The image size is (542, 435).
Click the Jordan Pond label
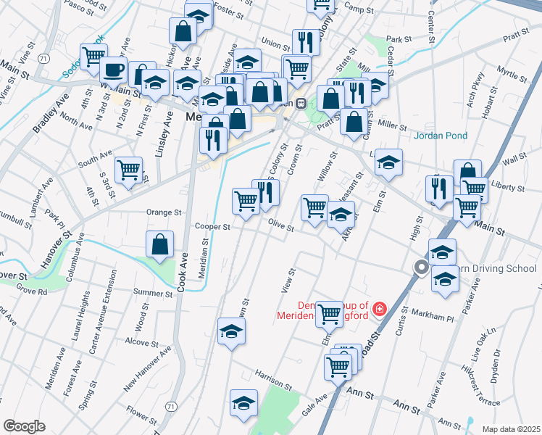pyautogui.click(x=441, y=136)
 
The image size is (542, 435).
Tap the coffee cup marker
pyautogui.click(x=112, y=70)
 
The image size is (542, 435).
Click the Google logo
pyautogui.click(x=24, y=426)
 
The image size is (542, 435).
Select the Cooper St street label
pyautogui.click(x=212, y=227)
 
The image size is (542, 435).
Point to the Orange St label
pyautogui.click(x=163, y=213)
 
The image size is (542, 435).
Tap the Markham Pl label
pyautogui.click(x=431, y=317)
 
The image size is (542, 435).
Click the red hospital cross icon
pyautogui.click(x=378, y=310)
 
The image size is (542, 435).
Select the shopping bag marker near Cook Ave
pyautogui.click(x=159, y=245)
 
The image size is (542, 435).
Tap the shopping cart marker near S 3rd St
pyautogui.click(x=129, y=170)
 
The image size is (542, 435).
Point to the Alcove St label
pyautogui.click(x=142, y=341)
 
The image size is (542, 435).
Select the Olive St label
pyautogui.click(x=280, y=227)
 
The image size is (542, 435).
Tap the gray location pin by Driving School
pyautogui.click(x=420, y=268)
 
